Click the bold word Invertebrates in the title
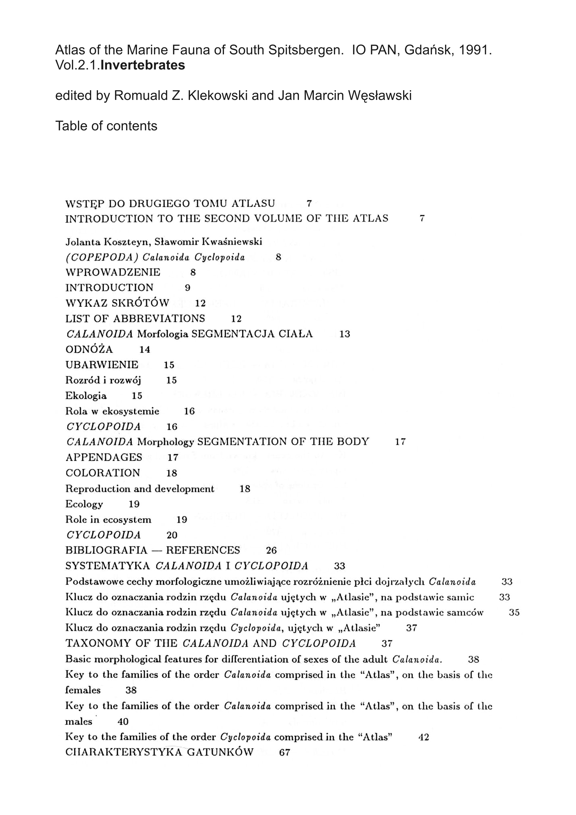(x=142, y=65)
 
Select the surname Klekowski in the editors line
(x=217, y=95)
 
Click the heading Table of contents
(x=106, y=126)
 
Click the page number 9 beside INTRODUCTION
(x=188, y=288)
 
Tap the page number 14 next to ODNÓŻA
(x=145, y=350)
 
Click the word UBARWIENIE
(x=102, y=365)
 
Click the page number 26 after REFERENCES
(x=271, y=551)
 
